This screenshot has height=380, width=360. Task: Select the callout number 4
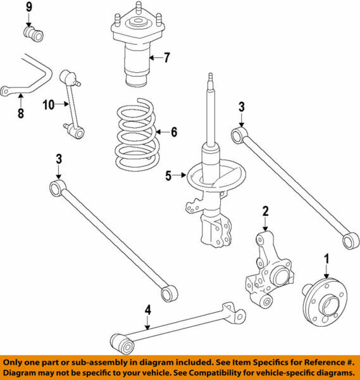click(x=147, y=310)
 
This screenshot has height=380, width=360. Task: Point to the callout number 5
click(x=168, y=177)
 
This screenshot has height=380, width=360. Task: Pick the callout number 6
click(x=174, y=132)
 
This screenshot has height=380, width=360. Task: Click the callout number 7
click(x=167, y=59)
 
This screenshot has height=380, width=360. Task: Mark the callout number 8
click(x=20, y=114)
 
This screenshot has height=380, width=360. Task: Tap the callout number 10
click(x=49, y=105)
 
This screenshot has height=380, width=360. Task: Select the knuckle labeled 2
click(x=269, y=272)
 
